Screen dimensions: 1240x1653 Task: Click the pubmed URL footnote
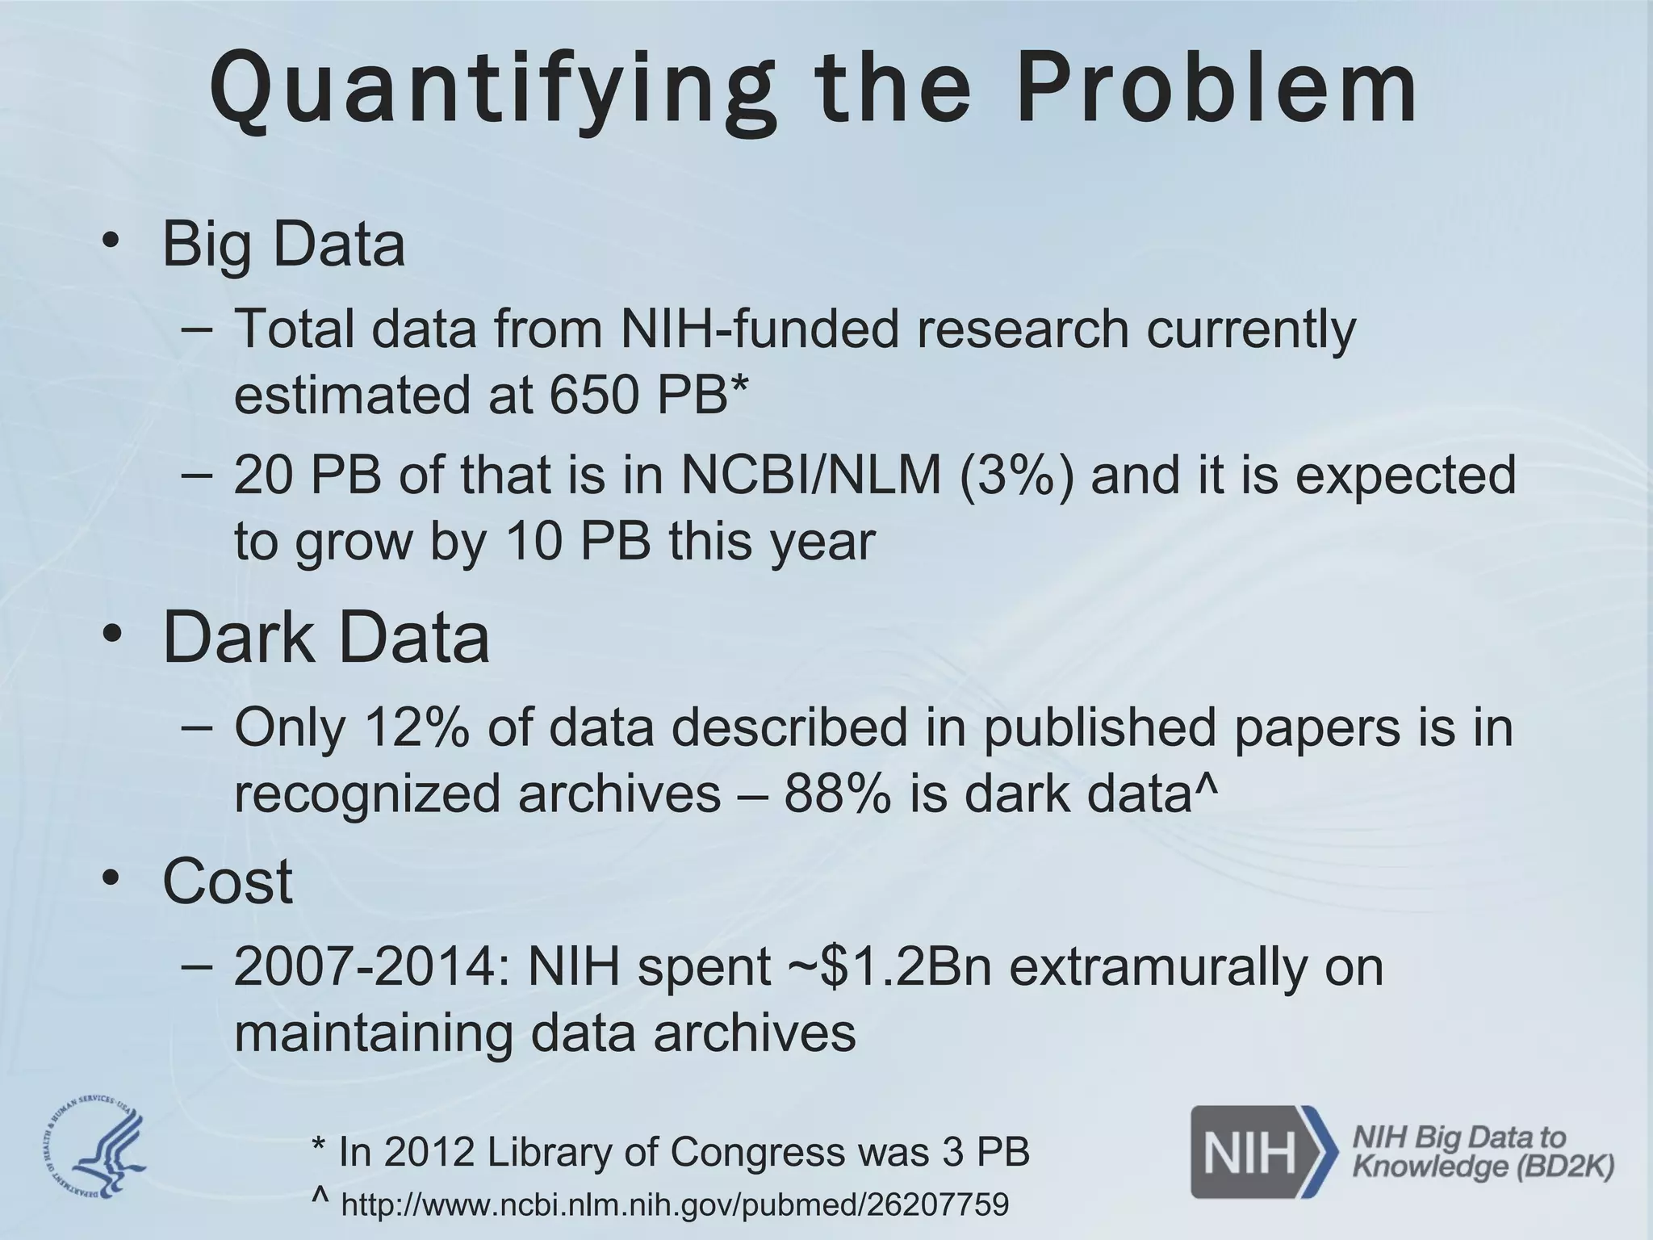[x=675, y=1204]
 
